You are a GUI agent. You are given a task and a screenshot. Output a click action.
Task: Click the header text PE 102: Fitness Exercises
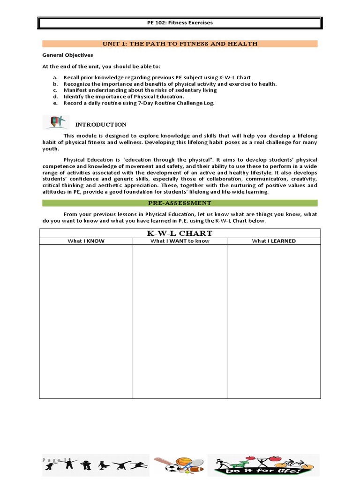point(180,22)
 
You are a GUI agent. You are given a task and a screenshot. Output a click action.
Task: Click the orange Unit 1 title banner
point(180,44)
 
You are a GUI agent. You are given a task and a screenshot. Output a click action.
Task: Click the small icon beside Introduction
point(56,122)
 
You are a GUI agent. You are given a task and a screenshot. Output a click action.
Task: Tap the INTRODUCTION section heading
point(101,125)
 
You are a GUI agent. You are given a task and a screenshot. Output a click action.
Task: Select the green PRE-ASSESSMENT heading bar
point(180,203)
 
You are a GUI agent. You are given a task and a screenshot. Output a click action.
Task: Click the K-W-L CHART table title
point(180,233)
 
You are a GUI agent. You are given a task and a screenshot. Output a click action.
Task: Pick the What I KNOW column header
point(86,241)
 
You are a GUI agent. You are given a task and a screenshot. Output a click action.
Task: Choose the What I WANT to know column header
point(180,241)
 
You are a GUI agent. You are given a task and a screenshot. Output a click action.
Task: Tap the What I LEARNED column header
point(274,241)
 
